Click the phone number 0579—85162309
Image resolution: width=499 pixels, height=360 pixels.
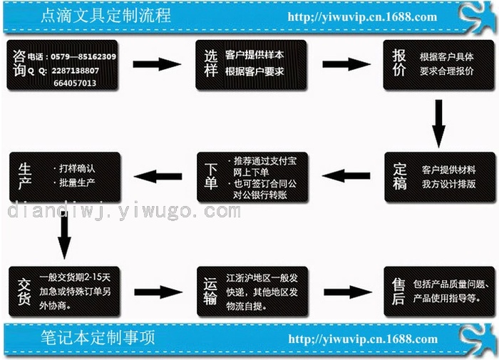click(x=83, y=56)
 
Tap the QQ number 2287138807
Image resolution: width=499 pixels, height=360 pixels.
click(x=75, y=71)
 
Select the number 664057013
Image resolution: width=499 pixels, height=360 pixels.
click(x=75, y=83)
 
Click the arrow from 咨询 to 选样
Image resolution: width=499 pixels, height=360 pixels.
click(x=157, y=64)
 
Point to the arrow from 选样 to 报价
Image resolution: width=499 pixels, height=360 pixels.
click(x=346, y=64)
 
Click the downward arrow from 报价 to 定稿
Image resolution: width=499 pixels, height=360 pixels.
click(x=438, y=123)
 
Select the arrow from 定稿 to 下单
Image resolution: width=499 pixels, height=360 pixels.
click(x=346, y=175)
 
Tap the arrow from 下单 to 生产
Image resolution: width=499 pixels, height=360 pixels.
click(x=158, y=176)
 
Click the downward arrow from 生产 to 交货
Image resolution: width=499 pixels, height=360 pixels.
click(x=65, y=235)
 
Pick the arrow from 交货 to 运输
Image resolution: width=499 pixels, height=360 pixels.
click(x=158, y=292)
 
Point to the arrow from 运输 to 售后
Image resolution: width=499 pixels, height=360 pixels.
click(x=348, y=292)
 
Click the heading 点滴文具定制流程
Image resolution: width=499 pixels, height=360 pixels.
click(x=106, y=16)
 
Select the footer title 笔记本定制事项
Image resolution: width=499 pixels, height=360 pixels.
click(x=98, y=338)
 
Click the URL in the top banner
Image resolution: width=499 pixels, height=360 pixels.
click(x=362, y=17)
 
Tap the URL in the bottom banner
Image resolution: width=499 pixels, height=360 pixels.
click(x=363, y=339)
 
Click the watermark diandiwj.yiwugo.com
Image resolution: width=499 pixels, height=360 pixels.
click(x=124, y=211)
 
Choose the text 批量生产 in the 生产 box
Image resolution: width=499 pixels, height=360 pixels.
click(x=77, y=182)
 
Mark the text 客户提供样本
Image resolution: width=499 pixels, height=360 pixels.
click(x=254, y=55)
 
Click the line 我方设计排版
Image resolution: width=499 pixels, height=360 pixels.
click(x=448, y=184)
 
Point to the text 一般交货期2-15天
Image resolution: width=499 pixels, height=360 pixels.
click(x=75, y=277)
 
